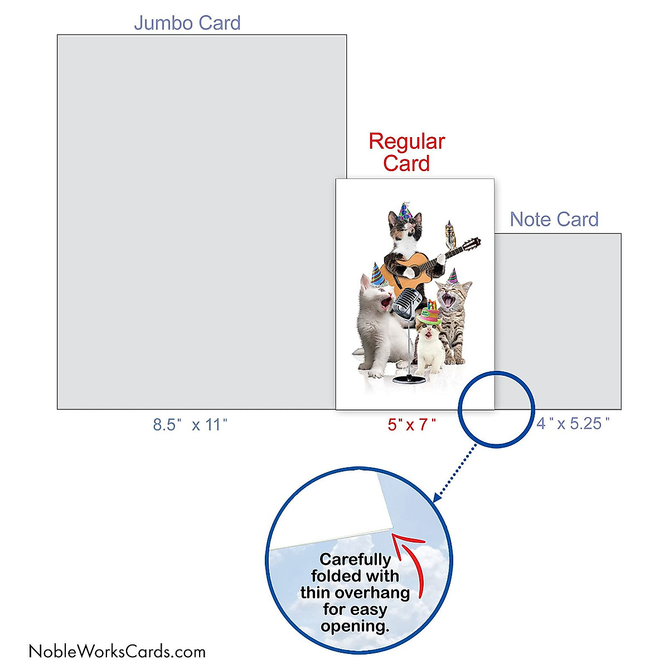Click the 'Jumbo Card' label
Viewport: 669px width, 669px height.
click(x=187, y=23)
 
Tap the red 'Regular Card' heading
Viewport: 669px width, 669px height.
click(x=406, y=152)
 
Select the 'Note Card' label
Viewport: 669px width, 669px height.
click(x=554, y=220)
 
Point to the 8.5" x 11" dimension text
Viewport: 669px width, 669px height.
click(x=190, y=425)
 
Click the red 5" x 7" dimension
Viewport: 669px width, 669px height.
click(x=412, y=425)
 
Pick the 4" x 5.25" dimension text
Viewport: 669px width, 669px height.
click(x=573, y=424)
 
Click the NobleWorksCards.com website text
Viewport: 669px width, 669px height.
click(x=117, y=651)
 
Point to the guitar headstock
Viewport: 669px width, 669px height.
click(x=473, y=244)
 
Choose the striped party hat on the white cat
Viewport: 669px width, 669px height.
click(x=377, y=273)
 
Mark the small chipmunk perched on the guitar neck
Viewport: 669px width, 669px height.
click(x=450, y=234)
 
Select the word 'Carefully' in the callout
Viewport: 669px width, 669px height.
click(x=355, y=559)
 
